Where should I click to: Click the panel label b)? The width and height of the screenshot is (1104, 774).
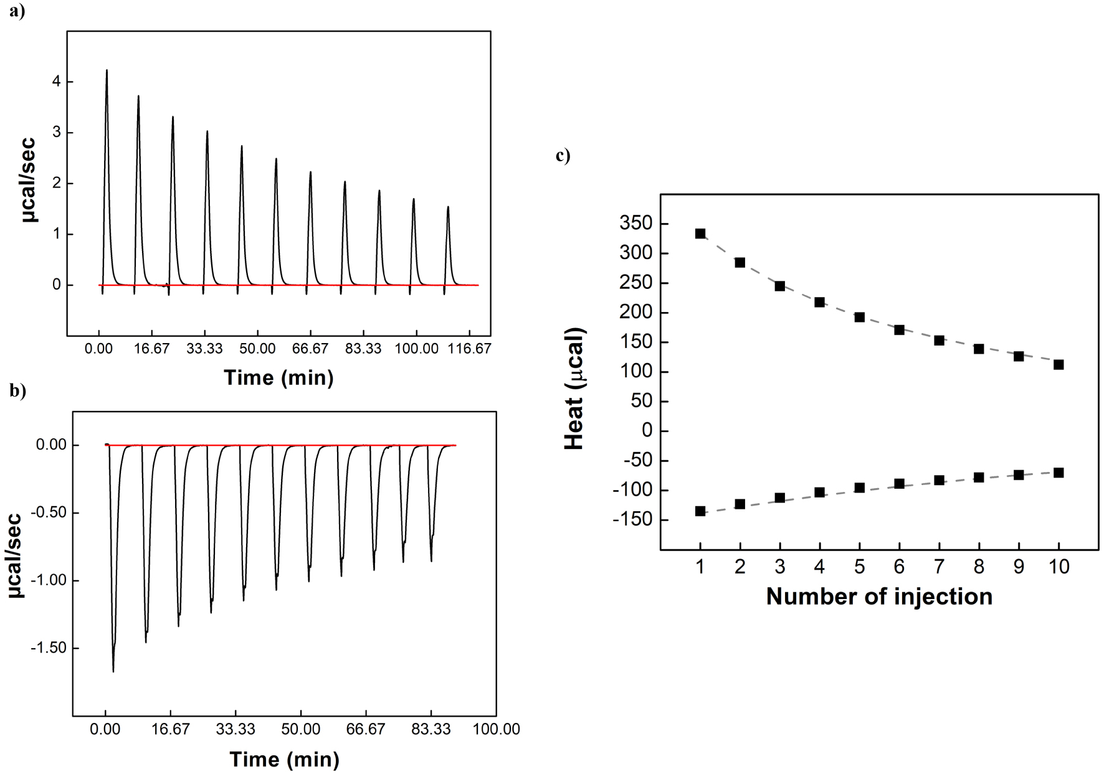point(18,391)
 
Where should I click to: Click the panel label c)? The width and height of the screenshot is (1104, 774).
point(563,156)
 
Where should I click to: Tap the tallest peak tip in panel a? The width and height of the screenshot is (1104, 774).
point(107,70)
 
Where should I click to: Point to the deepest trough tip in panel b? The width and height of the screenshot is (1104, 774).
point(113,671)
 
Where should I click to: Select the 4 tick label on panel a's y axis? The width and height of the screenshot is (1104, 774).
point(56,82)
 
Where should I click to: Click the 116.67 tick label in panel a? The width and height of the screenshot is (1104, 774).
point(470,347)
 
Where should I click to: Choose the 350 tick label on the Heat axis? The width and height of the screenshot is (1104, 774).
point(635,224)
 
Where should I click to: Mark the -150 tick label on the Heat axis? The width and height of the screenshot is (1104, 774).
point(631,520)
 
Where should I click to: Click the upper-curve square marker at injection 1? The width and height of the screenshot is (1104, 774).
point(700,234)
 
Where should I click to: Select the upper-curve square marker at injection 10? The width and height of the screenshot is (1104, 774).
point(1059,365)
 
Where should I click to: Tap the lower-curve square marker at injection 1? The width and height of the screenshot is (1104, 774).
point(700,511)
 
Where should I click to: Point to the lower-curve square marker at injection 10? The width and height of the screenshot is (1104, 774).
point(1059,473)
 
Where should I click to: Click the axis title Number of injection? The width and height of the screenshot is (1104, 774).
point(878,597)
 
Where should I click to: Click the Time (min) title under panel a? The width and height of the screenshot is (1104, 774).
point(278,377)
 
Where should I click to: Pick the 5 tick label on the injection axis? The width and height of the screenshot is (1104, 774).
point(859,566)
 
